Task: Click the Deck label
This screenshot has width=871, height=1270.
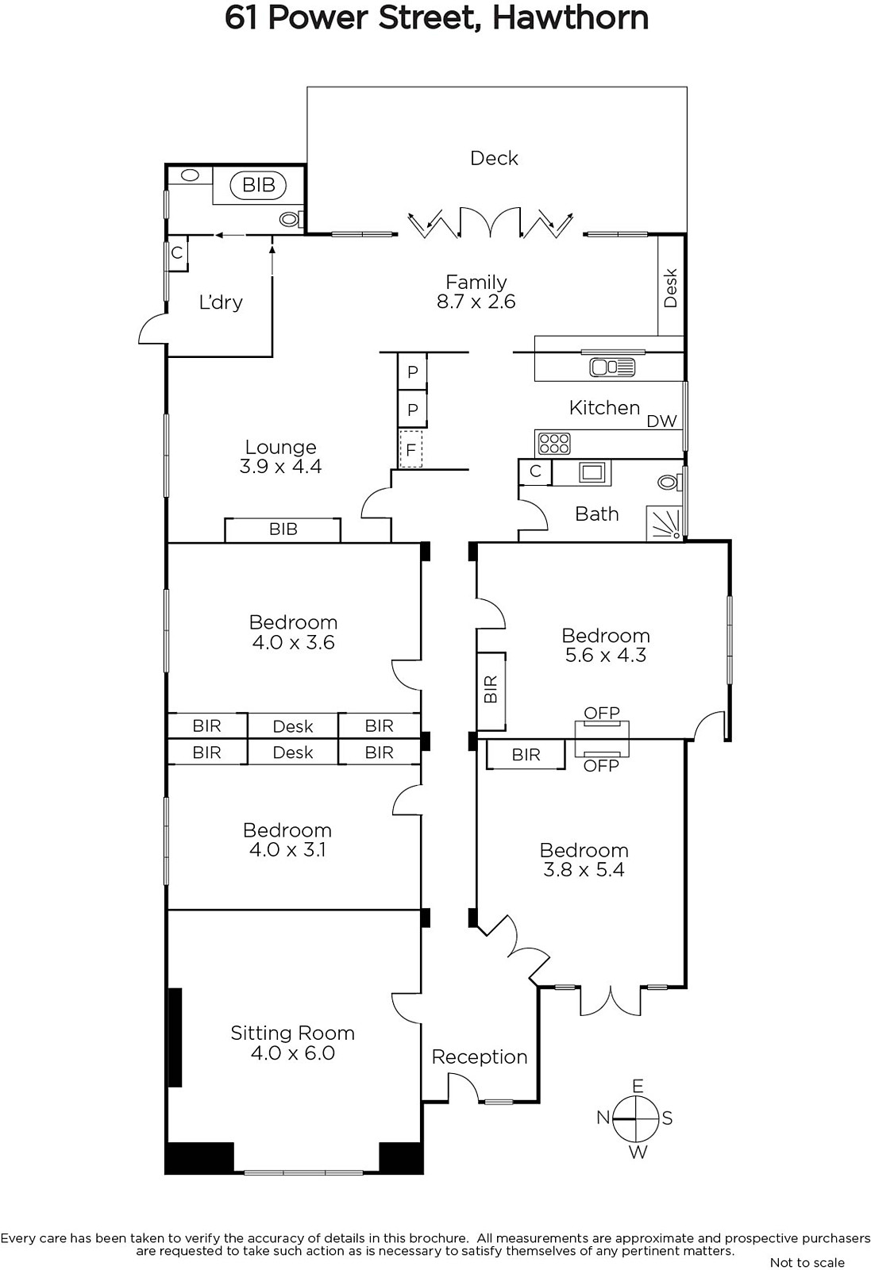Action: click(494, 158)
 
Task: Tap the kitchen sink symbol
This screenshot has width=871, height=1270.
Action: click(612, 368)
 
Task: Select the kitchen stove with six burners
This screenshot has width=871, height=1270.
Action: click(554, 444)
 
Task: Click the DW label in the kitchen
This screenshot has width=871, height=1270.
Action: click(661, 421)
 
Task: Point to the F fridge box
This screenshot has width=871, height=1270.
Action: click(410, 449)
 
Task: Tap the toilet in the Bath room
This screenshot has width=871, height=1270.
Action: click(669, 483)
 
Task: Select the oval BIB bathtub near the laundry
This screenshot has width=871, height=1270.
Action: click(259, 185)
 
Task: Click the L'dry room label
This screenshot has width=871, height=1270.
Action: click(221, 302)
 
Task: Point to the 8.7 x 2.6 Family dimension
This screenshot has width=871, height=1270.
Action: click(476, 301)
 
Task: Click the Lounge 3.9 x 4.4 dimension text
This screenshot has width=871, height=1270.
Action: click(281, 467)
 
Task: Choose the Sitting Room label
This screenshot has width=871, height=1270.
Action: click(293, 1033)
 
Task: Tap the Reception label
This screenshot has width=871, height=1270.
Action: click(480, 1056)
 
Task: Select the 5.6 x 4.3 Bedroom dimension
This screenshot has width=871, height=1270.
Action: click(606, 655)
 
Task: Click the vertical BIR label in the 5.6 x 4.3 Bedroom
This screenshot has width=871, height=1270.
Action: click(491, 689)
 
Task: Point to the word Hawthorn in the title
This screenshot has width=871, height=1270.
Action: click(570, 17)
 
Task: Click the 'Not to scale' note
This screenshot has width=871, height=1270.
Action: click(807, 1261)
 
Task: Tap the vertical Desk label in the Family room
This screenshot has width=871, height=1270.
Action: click(670, 288)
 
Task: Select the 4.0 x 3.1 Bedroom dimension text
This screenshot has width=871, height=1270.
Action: click(287, 849)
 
